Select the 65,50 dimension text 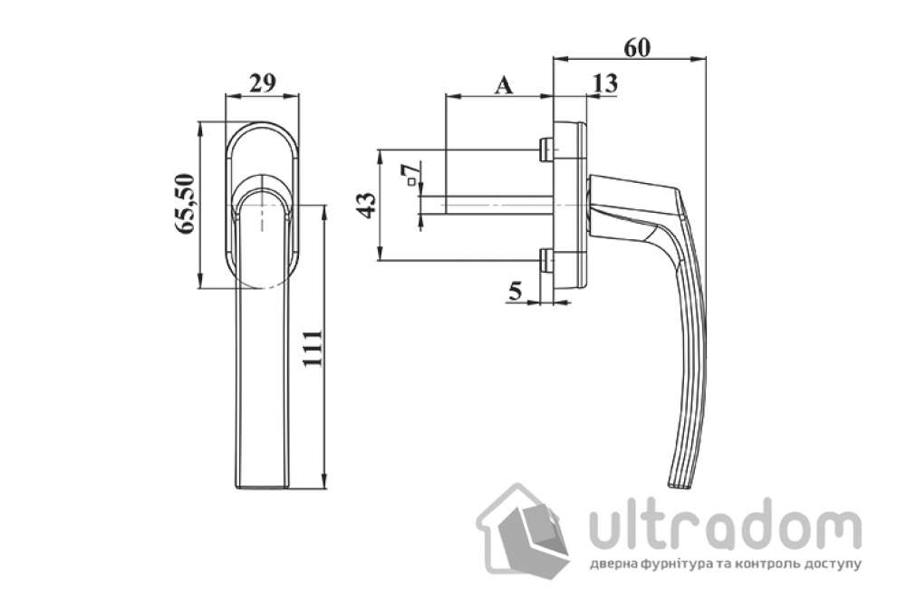click(x=186, y=204)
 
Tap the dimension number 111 click(x=311, y=348)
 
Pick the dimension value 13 click(x=603, y=83)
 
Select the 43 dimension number click(x=365, y=205)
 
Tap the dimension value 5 click(x=516, y=291)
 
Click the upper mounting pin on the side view click(x=545, y=149)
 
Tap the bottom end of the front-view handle click(x=263, y=487)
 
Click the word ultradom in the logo click(x=725, y=526)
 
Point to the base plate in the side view click(x=569, y=204)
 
